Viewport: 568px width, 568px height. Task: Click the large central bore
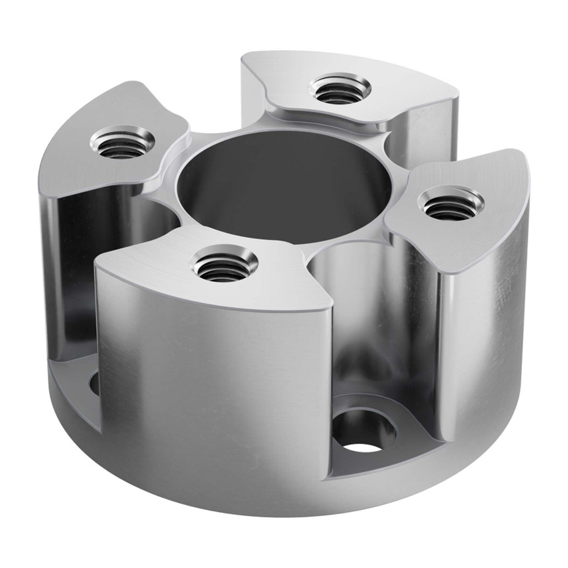284,182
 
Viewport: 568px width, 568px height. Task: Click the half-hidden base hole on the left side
94,383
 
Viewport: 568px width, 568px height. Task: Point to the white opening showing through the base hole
362,445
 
